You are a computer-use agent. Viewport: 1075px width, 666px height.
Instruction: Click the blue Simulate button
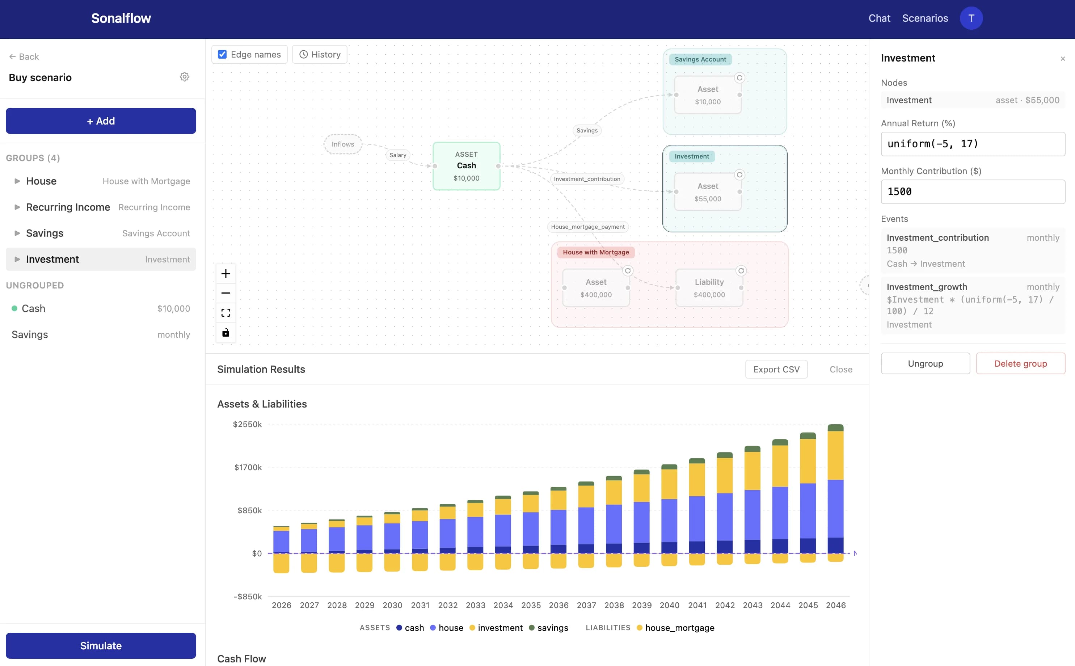(101, 645)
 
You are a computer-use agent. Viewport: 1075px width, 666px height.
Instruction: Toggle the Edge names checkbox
(222, 55)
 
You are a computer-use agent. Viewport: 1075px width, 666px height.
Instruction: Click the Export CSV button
(776, 369)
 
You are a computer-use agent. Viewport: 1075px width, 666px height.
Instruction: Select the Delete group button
(1020, 363)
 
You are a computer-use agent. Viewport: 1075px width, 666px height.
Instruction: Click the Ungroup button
(925, 363)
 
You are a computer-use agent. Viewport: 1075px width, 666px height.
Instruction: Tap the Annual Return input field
(973, 144)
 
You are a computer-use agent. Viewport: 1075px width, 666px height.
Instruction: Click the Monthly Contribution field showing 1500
(973, 191)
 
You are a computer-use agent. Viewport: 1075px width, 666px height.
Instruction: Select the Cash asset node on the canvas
(467, 166)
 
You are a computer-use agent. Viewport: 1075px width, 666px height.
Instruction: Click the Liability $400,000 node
(709, 288)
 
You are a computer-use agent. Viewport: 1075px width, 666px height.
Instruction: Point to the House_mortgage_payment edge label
(587, 227)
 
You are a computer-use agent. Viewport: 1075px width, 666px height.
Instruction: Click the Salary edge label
(398, 155)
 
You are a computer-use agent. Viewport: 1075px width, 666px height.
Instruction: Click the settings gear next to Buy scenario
(185, 77)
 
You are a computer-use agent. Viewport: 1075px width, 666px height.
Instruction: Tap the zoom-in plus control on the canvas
(226, 274)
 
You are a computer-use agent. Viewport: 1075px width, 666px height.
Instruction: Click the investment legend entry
(500, 628)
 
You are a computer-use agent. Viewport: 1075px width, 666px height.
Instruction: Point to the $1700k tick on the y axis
(248, 467)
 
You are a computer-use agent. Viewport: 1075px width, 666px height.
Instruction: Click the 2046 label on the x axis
(835, 605)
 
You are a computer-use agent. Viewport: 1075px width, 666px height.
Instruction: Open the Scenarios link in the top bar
(924, 18)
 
